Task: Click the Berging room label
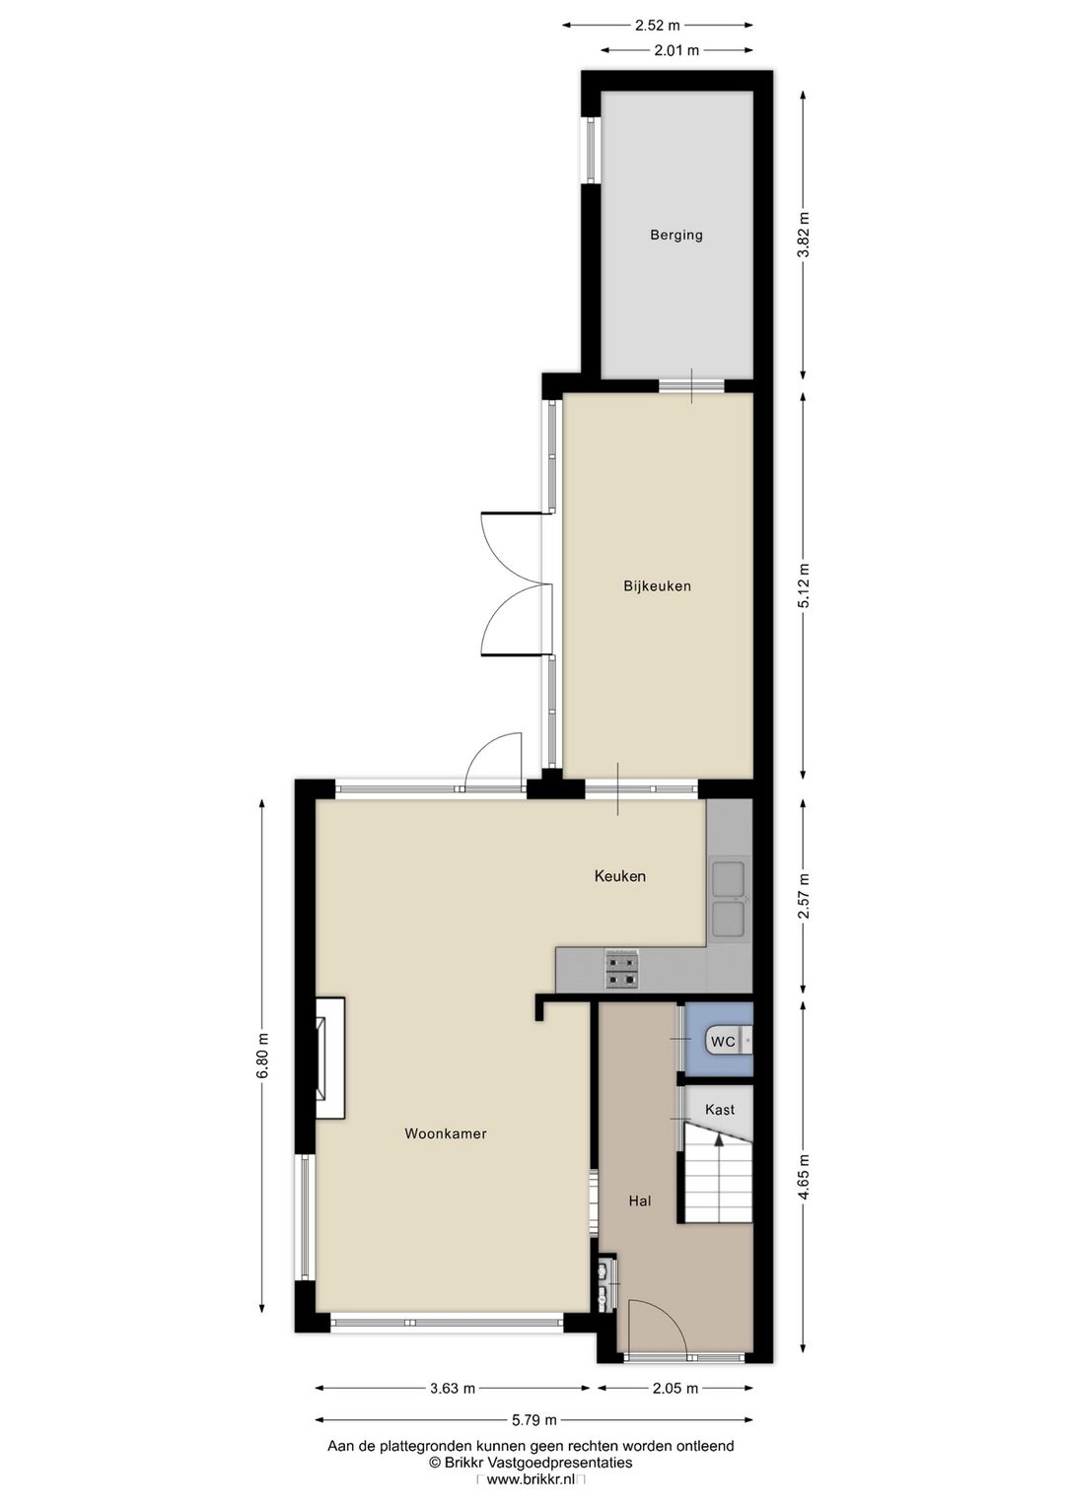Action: [675, 235]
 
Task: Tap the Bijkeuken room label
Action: [657, 585]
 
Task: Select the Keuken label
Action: [619, 875]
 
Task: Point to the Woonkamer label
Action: [446, 1133]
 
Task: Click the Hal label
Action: [640, 1200]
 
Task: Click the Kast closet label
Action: [719, 1109]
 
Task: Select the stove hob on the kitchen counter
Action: [622, 969]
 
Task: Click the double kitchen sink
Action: [729, 897]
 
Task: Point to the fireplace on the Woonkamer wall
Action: [329, 1059]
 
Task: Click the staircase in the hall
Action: [718, 1177]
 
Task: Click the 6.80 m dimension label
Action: [262, 1056]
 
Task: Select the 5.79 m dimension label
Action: [533, 1419]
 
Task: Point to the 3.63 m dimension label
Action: [453, 1388]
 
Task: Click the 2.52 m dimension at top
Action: [657, 26]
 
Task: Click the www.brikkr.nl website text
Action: [531, 1478]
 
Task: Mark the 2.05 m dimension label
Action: [675, 1388]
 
